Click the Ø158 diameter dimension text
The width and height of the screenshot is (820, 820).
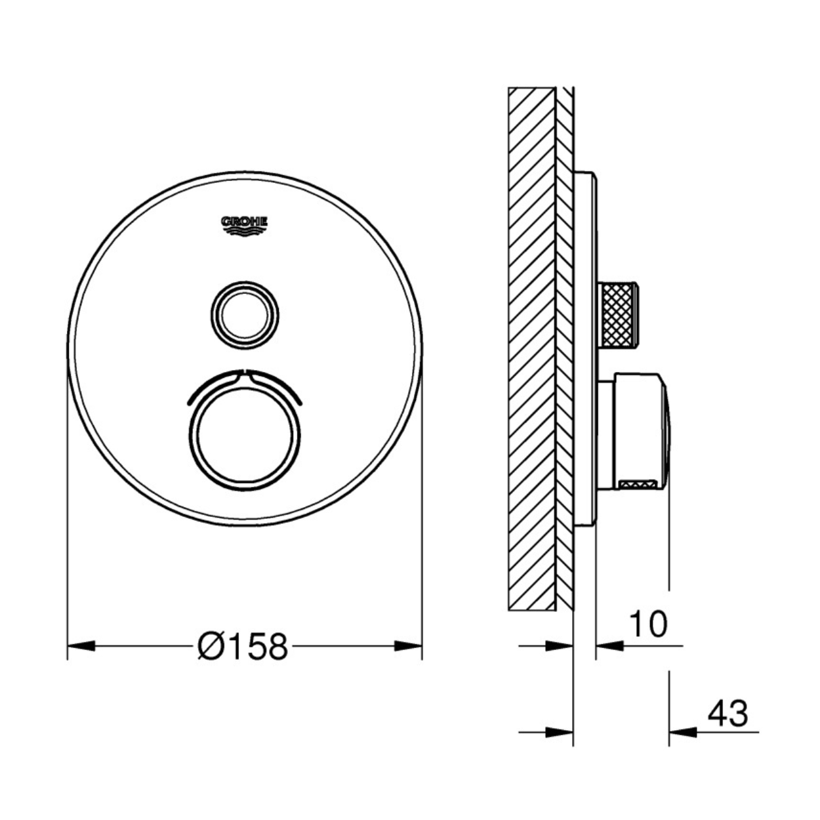point(243,647)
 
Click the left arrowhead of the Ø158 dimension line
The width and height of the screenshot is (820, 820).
point(81,647)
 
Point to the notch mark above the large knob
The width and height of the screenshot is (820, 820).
point(245,375)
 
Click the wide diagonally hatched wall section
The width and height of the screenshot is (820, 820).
point(531,348)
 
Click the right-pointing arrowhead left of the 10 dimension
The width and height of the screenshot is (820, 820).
point(560,646)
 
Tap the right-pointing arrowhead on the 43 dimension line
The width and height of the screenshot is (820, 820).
point(560,732)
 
